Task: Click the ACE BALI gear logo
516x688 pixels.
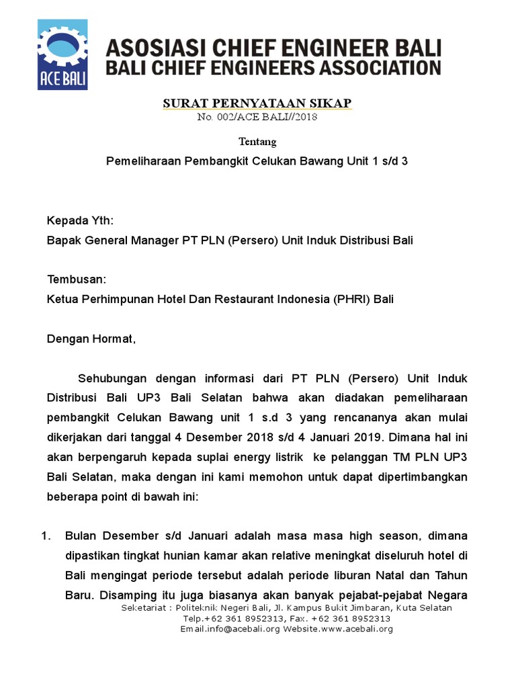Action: [63, 54]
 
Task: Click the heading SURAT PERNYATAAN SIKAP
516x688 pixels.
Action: [257, 103]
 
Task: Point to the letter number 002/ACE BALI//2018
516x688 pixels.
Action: [257, 117]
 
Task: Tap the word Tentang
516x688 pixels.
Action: [257, 142]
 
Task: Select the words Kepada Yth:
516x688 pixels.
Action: [80, 220]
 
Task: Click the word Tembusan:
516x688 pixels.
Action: [76, 279]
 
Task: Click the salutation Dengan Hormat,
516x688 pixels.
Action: [91, 339]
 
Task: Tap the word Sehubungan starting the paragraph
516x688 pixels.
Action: [113, 378]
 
